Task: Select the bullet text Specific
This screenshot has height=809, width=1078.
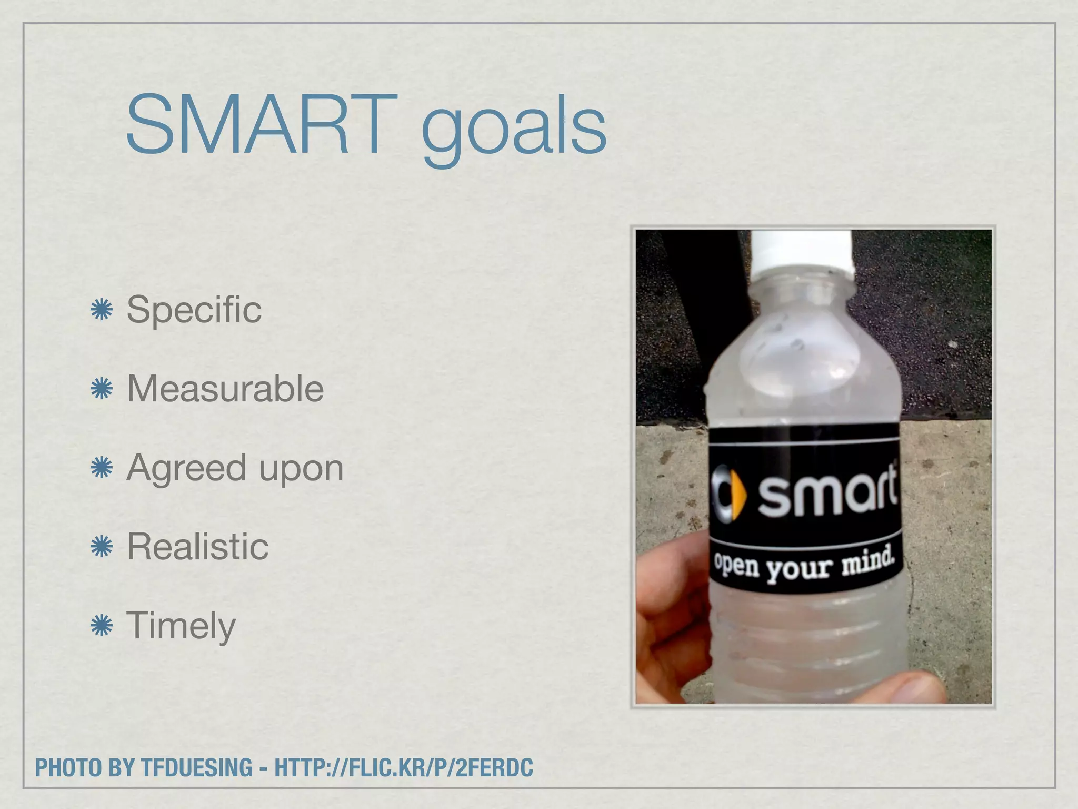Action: point(194,310)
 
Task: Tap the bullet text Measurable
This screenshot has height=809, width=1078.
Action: point(225,389)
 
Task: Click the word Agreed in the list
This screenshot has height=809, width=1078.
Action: point(186,468)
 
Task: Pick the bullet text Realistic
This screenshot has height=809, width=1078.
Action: point(198,547)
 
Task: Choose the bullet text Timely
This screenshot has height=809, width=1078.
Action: point(181,626)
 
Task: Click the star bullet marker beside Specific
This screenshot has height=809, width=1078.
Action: point(102,310)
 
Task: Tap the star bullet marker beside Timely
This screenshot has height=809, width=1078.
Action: point(102,626)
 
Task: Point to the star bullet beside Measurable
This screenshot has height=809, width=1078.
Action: point(102,389)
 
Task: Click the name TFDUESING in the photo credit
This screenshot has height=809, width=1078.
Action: point(197,767)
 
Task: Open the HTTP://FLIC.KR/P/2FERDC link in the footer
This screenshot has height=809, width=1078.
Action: point(404,767)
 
